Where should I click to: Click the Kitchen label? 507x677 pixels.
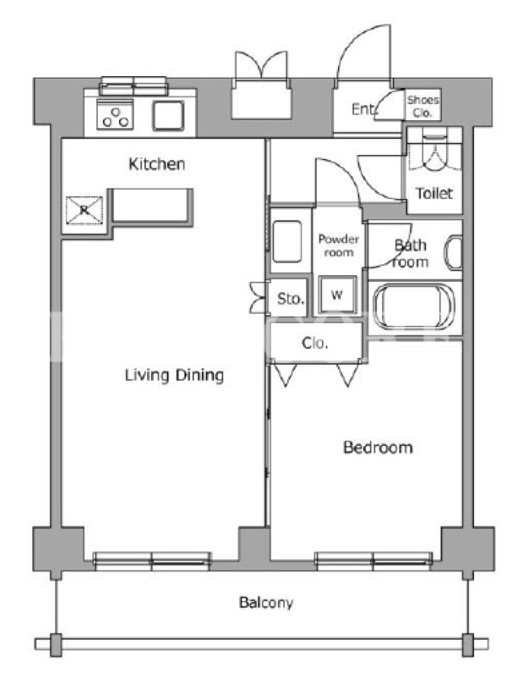click(x=157, y=164)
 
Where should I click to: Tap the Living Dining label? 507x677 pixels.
click(x=174, y=375)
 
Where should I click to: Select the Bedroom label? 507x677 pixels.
click(x=378, y=448)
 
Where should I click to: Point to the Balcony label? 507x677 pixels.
click(x=266, y=603)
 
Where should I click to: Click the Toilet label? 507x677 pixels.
click(x=434, y=193)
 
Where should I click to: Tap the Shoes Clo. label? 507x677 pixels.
click(x=423, y=107)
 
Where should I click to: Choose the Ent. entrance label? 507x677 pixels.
click(x=364, y=109)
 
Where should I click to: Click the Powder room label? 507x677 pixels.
click(x=339, y=245)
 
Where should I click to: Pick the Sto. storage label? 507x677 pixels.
click(x=290, y=299)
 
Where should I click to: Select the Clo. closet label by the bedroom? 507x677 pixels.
click(x=314, y=343)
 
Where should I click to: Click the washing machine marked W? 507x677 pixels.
click(x=337, y=295)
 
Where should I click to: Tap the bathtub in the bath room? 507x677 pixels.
click(x=413, y=307)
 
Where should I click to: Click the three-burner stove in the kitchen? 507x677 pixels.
click(x=115, y=115)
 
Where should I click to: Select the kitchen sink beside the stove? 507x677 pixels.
click(x=168, y=116)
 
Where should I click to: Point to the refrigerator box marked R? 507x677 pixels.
click(x=84, y=210)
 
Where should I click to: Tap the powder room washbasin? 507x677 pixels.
click(x=287, y=241)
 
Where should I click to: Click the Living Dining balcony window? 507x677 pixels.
click(x=152, y=559)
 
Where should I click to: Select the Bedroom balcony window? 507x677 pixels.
click(x=373, y=559)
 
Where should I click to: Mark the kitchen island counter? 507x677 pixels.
click(x=153, y=206)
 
